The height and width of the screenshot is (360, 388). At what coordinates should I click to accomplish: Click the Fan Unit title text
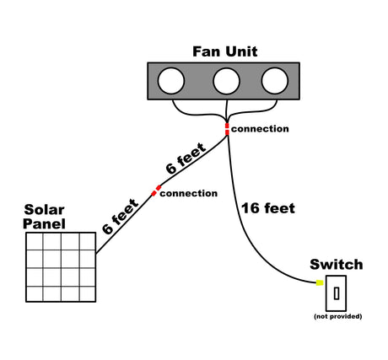pyautogui.click(x=225, y=51)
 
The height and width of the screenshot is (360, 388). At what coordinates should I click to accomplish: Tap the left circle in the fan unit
pyautogui.click(x=172, y=81)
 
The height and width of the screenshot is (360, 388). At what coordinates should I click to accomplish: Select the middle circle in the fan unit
pyautogui.click(x=225, y=81)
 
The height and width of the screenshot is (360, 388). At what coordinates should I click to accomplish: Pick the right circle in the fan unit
pyautogui.click(x=274, y=81)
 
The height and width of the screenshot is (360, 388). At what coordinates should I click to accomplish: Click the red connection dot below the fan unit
pyautogui.click(x=226, y=128)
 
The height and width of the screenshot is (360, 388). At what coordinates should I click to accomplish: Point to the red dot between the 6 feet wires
pyautogui.click(x=154, y=191)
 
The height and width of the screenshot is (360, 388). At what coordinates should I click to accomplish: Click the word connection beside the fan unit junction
pyautogui.click(x=260, y=129)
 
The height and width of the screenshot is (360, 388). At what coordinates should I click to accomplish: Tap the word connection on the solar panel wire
pyautogui.click(x=188, y=193)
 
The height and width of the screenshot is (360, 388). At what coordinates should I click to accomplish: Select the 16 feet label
pyautogui.click(x=267, y=208)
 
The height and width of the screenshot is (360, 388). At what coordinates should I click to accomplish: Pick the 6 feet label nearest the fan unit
pyautogui.click(x=185, y=159)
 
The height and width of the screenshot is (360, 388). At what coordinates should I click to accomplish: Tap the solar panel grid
pyautogui.click(x=61, y=266)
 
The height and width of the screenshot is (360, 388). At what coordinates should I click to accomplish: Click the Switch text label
pyautogui.click(x=337, y=265)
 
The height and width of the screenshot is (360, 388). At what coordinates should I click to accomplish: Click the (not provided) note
pyautogui.click(x=337, y=316)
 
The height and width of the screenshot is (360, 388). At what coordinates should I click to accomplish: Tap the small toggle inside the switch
pyautogui.click(x=337, y=293)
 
